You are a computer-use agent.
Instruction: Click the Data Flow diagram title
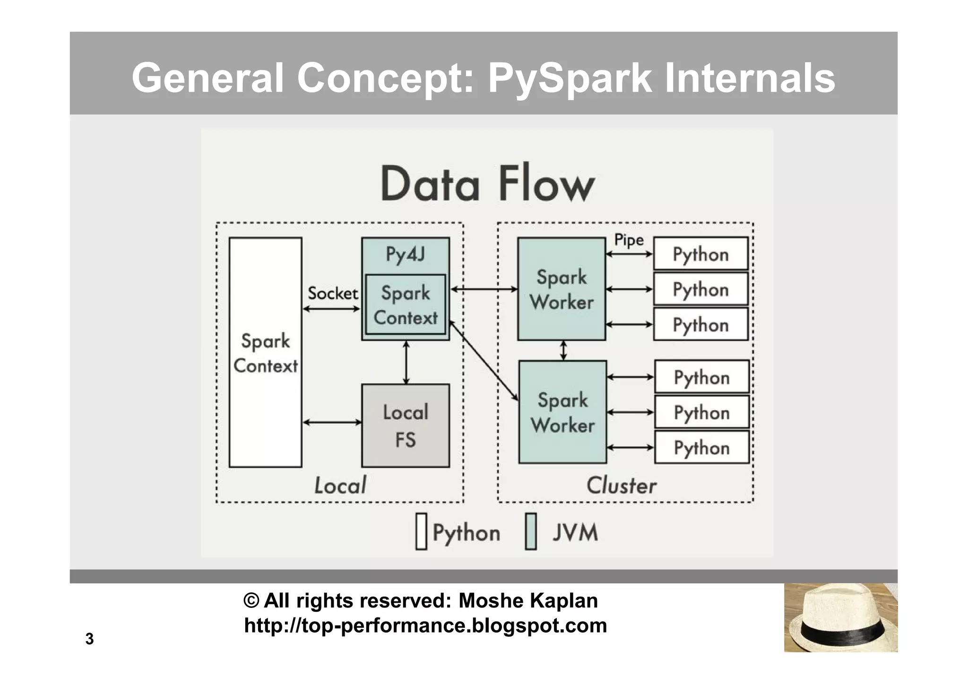tap(487, 184)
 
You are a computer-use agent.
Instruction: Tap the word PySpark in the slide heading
tap(570, 78)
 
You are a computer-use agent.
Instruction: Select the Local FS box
tap(406, 426)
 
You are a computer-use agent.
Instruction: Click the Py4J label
tap(405, 255)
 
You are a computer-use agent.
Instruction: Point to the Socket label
tap(332, 293)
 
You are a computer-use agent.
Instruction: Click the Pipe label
tap(629, 240)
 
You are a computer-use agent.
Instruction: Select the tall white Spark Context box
tap(265, 352)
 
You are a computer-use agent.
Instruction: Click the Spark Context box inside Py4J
tap(406, 305)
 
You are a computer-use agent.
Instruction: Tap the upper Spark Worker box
tap(562, 289)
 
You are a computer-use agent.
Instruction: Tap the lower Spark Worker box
tap(562, 412)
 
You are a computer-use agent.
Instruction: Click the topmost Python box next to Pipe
tap(700, 254)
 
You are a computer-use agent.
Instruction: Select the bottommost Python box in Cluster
tap(701, 447)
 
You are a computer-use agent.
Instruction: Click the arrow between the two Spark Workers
tap(563, 351)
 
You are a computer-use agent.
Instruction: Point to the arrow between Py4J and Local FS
tap(406, 362)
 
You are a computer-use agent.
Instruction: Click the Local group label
tap(340, 485)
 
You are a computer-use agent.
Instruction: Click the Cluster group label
tap(621, 485)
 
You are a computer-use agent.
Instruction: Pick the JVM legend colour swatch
tap(531, 531)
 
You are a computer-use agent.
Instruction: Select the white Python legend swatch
tap(421, 531)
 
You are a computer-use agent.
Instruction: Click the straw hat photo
tap(840, 617)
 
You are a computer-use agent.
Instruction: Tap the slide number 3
tap(89, 639)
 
